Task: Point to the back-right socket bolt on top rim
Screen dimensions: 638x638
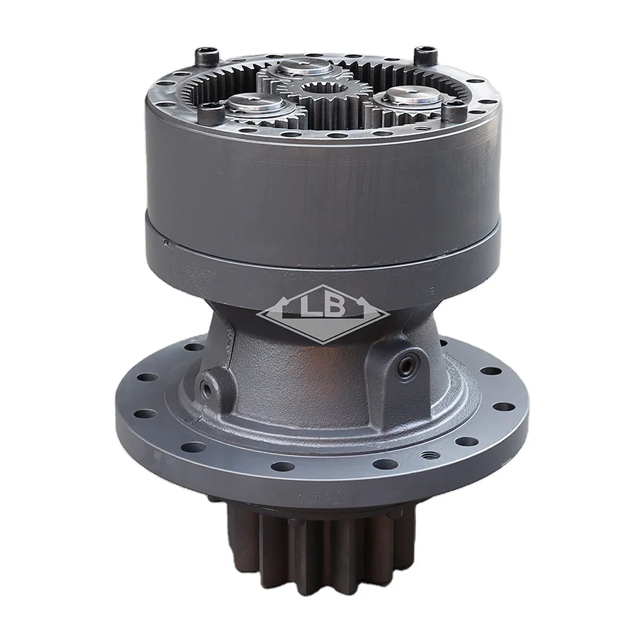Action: point(425,50)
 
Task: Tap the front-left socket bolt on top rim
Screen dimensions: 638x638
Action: point(207,108)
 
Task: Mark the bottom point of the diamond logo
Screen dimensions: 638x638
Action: point(320,341)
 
